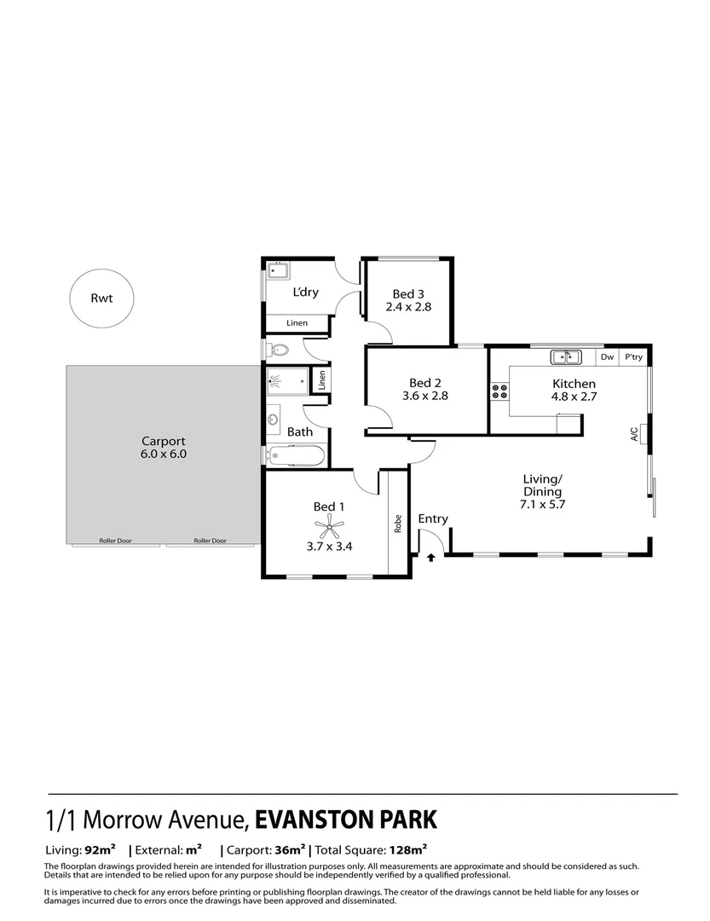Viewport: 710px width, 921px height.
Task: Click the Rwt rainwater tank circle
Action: click(101, 298)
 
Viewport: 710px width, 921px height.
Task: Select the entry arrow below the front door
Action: click(430, 558)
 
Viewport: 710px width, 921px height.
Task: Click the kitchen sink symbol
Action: click(565, 357)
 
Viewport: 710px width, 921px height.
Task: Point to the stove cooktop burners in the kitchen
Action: click(499, 393)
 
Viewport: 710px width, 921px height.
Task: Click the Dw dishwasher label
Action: click(607, 358)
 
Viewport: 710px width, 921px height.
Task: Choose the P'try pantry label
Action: click(632, 358)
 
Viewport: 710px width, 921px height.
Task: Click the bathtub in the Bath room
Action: click(295, 456)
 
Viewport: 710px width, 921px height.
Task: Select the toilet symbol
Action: click(278, 349)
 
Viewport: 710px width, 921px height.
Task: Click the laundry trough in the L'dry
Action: click(278, 272)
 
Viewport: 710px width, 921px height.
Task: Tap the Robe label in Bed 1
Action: click(397, 523)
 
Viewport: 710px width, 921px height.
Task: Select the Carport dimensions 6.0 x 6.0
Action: click(164, 455)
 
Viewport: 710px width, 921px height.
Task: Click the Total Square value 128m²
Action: click(407, 850)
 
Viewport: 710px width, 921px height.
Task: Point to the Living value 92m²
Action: click(100, 850)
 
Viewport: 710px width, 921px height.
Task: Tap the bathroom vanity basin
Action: click(274, 420)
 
